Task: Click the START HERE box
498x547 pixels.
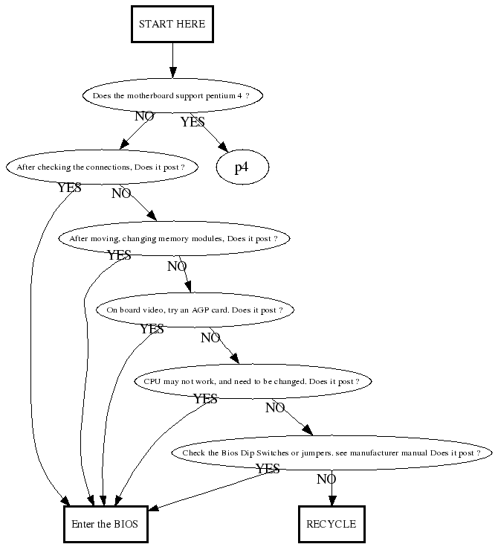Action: [172, 24]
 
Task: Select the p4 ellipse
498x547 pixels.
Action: [242, 167]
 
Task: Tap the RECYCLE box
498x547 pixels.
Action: [332, 523]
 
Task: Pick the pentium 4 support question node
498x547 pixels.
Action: [172, 96]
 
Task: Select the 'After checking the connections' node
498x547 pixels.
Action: [101, 167]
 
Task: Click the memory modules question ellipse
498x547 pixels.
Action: [173, 239]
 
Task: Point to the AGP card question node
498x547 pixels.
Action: [194, 310]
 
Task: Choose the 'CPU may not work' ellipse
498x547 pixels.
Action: [251, 382]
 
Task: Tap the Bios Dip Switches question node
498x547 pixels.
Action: [332, 453]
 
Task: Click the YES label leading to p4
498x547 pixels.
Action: [193, 122]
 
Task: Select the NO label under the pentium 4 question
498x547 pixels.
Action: [144, 116]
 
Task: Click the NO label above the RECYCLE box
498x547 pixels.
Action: [326, 479]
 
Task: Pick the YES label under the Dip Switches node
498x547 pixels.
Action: [268, 469]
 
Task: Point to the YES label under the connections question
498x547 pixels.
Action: [69, 188]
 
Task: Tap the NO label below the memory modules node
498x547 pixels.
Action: [177, 266]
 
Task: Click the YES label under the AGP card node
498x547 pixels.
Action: [152, 328]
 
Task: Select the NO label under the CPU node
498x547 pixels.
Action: [275, 407]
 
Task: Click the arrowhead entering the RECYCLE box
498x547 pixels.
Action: [332, 500]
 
